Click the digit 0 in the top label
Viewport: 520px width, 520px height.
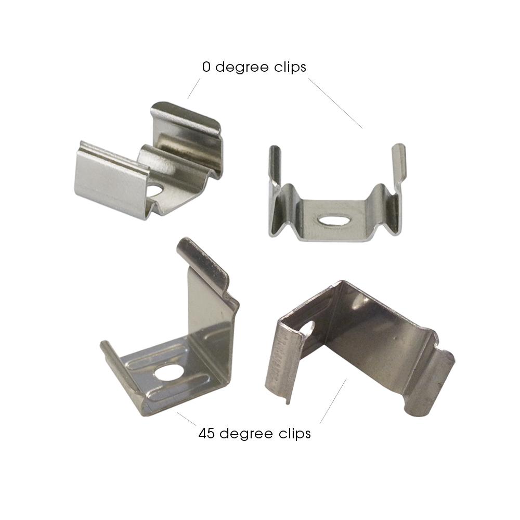coord(206,67)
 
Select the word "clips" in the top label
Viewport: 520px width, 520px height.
coord(290,68)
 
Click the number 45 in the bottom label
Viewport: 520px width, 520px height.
coord(206,434)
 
